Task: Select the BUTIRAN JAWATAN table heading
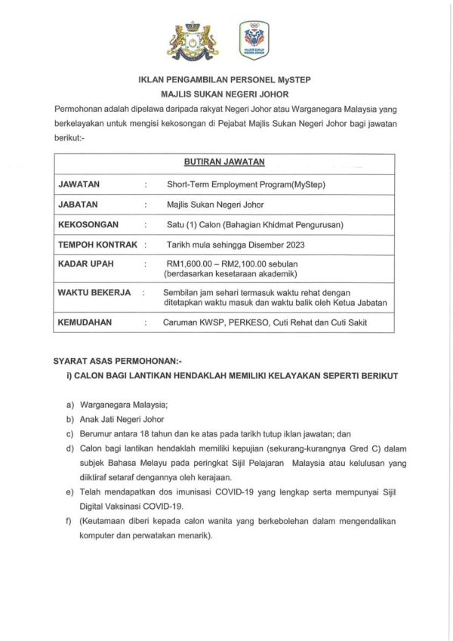coord(224,162)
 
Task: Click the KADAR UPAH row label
coord(85,264)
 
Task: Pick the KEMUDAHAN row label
coord(85,322)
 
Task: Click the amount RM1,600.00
coord(193,264)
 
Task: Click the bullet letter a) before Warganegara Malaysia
coord(69,405)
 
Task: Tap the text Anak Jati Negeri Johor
coord(122,419)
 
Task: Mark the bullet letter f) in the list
coord(69,522)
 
